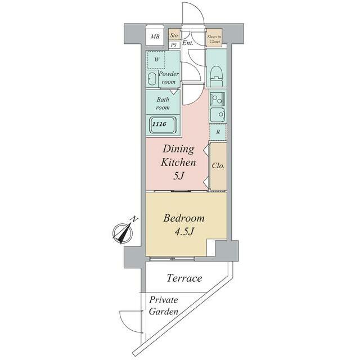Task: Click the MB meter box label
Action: [x=155, y=37]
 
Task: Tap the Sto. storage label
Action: [x=175, y=35]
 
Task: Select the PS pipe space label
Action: [x=174, y=45]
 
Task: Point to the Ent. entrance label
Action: [x=188, y=43]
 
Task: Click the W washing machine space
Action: [x=156, y=60]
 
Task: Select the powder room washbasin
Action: [x=152, y=79]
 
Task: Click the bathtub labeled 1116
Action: [x=163, y=125]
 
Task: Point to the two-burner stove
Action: [x=217, y=99]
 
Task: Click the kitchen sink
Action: [x=218, y=115]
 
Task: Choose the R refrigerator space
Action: [x=218, y=132]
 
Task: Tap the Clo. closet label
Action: [x=218, y=166]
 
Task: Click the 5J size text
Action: [x=179, y=176]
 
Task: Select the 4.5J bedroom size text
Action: [x=184, y=232]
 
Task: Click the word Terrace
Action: [x=184, y=278]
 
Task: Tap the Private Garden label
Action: [x=164, y=306]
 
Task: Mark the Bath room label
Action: [x=163, y=103]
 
